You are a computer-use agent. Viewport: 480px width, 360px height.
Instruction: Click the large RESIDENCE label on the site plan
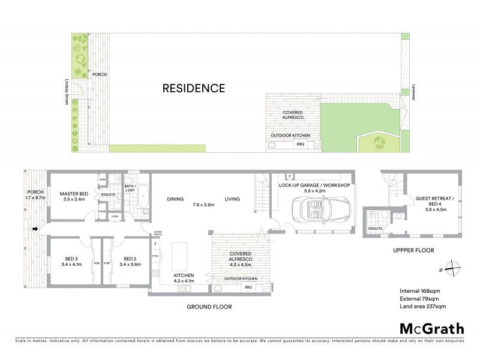point(193,88)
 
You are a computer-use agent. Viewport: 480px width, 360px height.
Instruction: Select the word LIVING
point(233,199)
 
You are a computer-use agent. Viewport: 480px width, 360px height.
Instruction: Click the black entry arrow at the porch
point(35,229)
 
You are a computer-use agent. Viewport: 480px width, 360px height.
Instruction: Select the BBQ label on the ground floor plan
point(248,288)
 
